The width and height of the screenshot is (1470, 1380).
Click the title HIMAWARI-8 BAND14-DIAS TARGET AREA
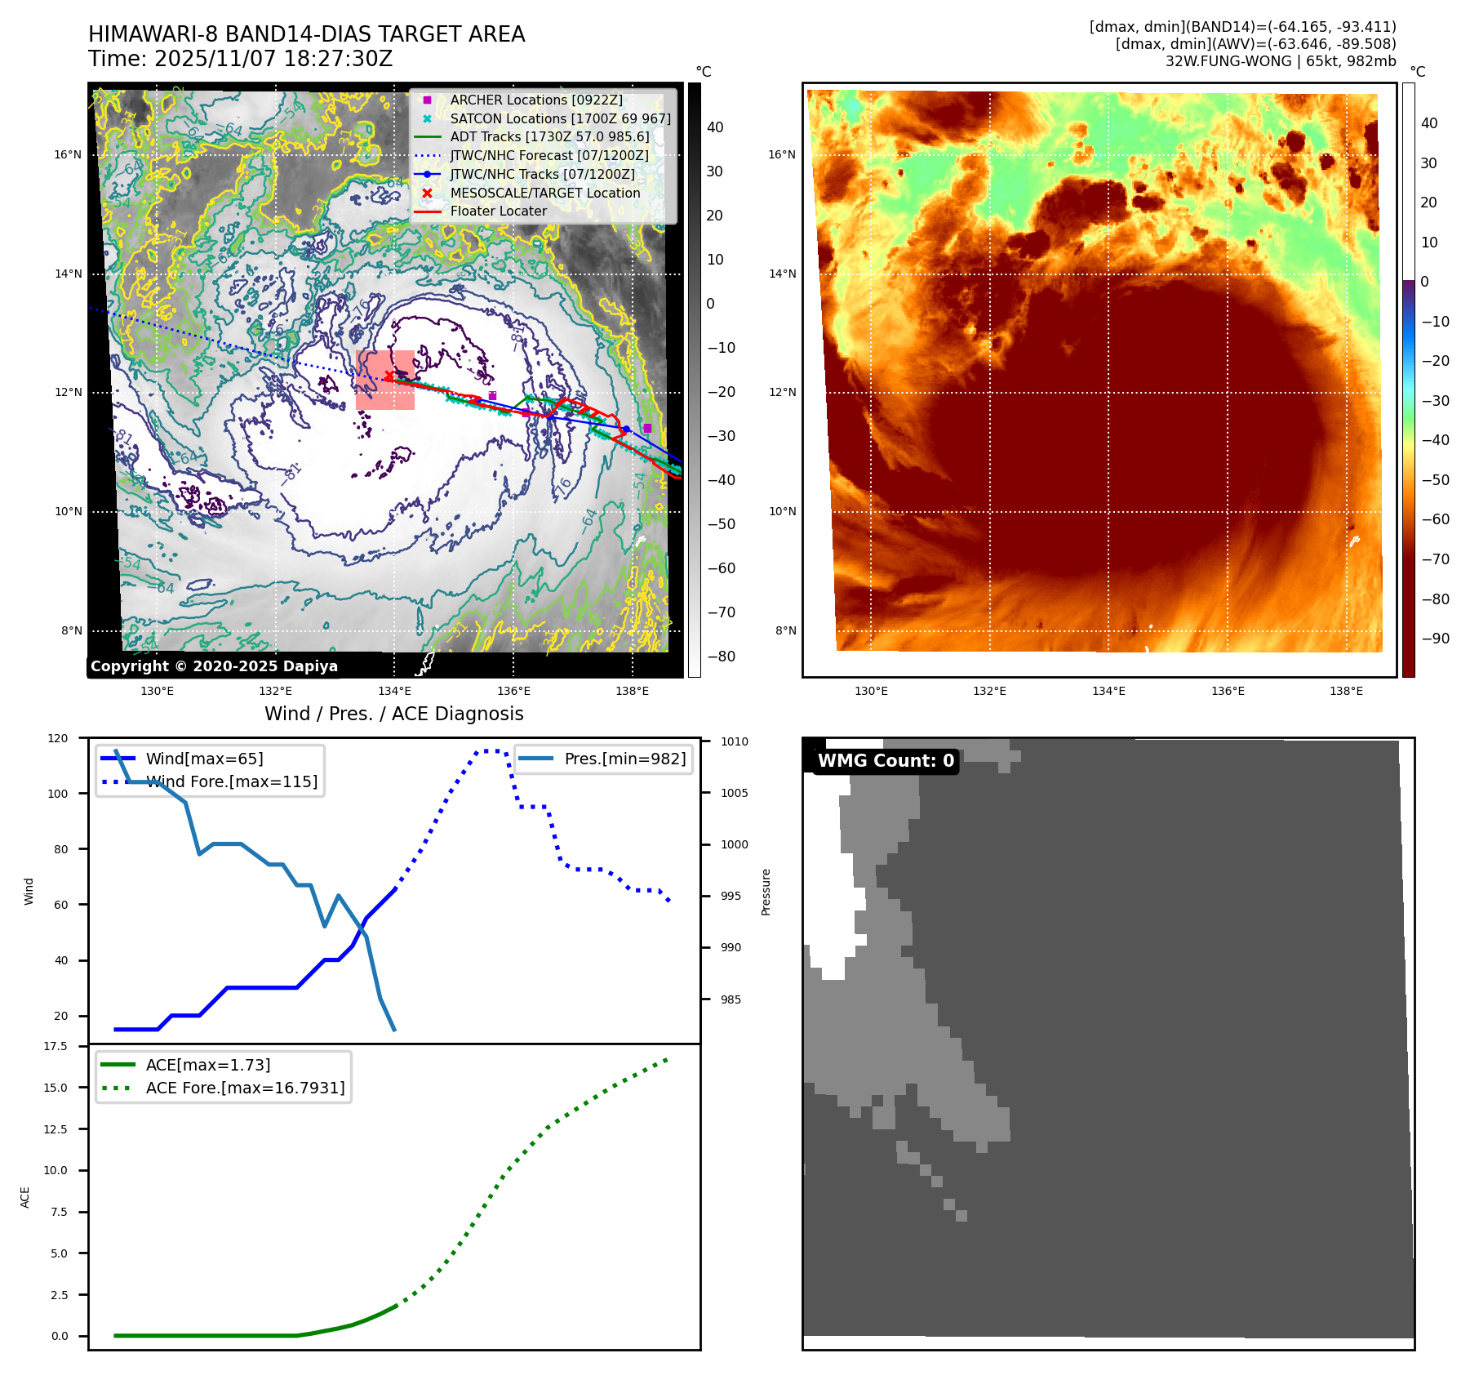click(306, 34)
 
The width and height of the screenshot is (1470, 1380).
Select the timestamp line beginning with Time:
click(241, 59)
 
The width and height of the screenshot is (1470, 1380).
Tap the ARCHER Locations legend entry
click(535, 100)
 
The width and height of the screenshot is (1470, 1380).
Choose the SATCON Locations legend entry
click(560, 118)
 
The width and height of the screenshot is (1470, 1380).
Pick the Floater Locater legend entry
click(498, 211)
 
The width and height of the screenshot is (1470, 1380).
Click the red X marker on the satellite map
click(389, 376)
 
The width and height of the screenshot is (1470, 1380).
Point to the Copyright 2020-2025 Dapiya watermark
click(214, 666)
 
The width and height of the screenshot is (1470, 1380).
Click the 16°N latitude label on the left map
click(68, 154)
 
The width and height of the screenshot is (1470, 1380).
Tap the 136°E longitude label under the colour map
click(1228, 691)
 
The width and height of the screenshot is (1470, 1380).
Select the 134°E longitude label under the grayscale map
click(394, 691)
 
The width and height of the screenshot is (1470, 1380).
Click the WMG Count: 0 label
click(886, 761)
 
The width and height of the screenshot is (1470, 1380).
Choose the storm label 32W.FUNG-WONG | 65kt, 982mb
click(1280, 61)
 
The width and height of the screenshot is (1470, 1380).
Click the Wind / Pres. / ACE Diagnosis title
click(394, 714)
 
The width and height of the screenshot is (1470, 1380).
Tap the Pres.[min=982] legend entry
click(624, 759)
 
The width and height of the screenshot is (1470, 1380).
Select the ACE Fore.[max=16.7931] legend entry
click(245, 1088)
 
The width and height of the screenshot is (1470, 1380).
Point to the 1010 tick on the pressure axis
click(735, 741)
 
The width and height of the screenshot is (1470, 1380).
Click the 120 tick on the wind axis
click(58, 738)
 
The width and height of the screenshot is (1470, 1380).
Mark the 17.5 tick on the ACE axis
click(56, 1046)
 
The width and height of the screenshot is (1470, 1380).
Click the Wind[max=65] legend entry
click(204, 759)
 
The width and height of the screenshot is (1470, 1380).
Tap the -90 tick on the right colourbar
click(1435, 639)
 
